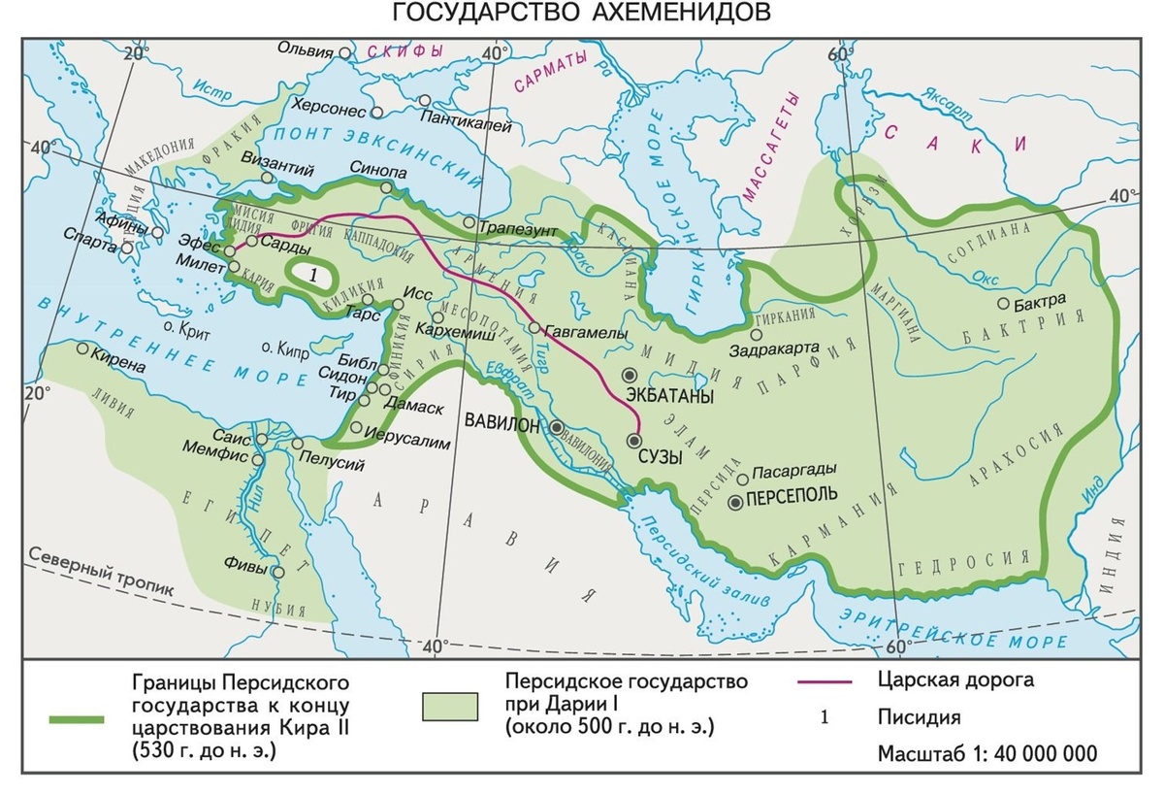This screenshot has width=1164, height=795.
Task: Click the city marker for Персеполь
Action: click(x=736, y=502)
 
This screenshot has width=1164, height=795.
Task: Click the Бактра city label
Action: click(x=1043, y=300)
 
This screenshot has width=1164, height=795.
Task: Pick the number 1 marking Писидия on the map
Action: click(x=312, y=276)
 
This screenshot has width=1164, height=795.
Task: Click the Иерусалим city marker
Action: click(x=357, y=427)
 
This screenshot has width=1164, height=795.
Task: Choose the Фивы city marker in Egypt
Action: click(x=279, y=573)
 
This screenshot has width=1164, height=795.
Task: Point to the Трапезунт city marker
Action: click(x=469, y=223)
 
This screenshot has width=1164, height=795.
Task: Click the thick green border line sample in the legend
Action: click(x=76, y=719)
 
